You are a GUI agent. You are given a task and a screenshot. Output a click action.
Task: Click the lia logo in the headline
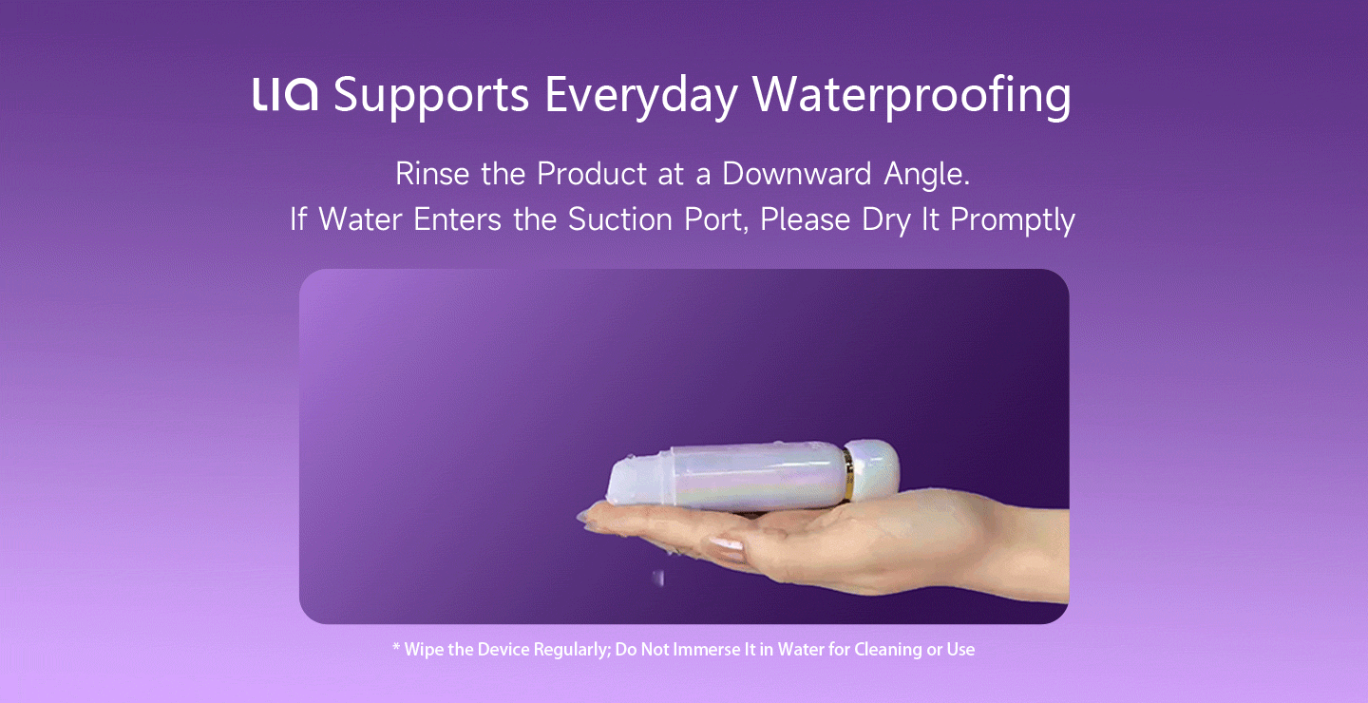[x=285, y=94]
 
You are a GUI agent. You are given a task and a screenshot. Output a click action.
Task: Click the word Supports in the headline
[x=431, y=97]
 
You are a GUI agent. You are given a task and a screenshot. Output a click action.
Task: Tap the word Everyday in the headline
[x=640, y=97]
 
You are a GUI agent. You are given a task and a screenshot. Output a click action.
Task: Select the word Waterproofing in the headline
[x=911, y=97]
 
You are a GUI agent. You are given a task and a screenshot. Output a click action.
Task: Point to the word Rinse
[x=432, y=174]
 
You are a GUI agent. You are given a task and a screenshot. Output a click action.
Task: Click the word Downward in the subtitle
[x=796, y=174]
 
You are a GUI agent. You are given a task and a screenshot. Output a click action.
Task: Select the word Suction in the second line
[x=619, y=219]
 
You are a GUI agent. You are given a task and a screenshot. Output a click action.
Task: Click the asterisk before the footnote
[x=396, y=646]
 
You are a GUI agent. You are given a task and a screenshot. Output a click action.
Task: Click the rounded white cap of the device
[x=875, y=469]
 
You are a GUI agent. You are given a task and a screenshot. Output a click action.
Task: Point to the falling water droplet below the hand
[x=658, y=578]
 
